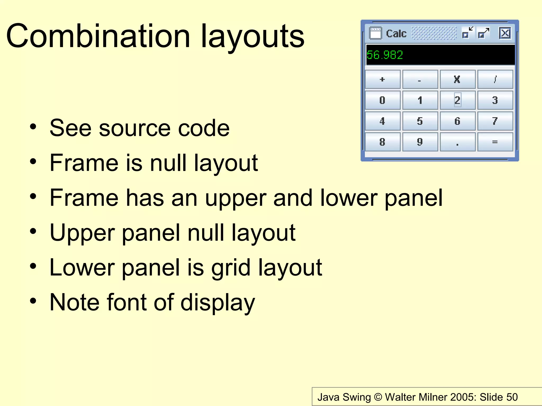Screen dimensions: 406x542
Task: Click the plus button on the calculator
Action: tap(382, 79)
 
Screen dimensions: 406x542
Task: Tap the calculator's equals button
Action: tap(495, 142)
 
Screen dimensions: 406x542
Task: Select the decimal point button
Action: tap(457, 142)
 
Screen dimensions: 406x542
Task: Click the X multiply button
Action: tap(457, 79)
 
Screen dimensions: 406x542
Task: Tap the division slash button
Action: tap(495, 79)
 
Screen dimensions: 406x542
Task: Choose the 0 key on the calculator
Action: tap(382, 100)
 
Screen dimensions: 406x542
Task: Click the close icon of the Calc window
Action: tap(505, 33)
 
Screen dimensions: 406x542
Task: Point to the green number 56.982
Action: tap(385, 55)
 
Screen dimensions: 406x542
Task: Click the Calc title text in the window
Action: tap(396, 34)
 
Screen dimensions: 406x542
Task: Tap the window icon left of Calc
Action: tap(375, 33)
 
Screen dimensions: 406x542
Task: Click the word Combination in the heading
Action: tap(98, 36)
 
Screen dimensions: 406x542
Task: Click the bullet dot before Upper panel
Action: tap(33, 232)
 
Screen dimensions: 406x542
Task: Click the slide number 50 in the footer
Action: tap(512, 397)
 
